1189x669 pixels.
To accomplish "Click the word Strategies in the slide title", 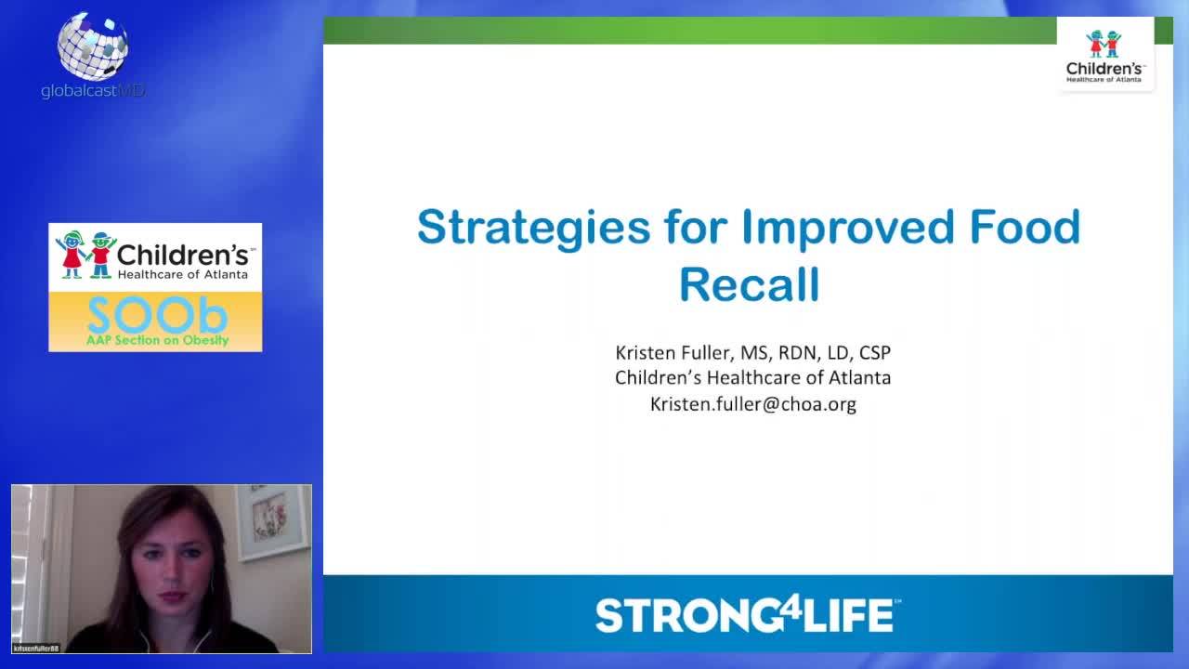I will pyautogui.click(x=533, y=228).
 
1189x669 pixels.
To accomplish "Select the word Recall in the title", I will pyautogui.click(x=749, y=284).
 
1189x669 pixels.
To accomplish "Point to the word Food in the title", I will pyautogui.click(x=1026, y=228).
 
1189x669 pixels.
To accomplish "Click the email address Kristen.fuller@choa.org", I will pyautogui.click(x=752, y=404).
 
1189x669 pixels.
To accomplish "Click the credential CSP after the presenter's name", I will pyautogui.click(x=875, y=353).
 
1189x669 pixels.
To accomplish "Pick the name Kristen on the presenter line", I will pyautogui.click(x=646, y=353).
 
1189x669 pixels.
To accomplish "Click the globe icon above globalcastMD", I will pyautogui.click(x=93, y=46).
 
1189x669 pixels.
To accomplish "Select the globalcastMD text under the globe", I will pyautogui.click(x=93, y=91).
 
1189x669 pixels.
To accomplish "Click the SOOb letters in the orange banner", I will pyautogui.click(x=156, y=316).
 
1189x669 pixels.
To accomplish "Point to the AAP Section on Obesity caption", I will pyautogui.click(x=156, y=341).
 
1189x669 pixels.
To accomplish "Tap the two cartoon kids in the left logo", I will pyautogui.click(x=85, y=255).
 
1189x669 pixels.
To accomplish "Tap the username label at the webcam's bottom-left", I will pyautogui.click(x=37, y=648).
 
